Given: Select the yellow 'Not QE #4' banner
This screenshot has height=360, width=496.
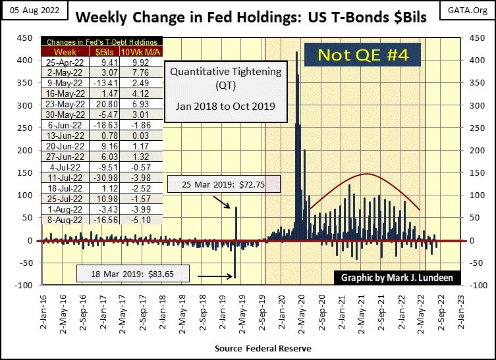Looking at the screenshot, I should point(363,55).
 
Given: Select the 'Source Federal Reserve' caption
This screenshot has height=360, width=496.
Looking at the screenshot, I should point(263,347).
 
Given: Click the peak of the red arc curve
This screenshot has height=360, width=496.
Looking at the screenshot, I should point(366,174).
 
